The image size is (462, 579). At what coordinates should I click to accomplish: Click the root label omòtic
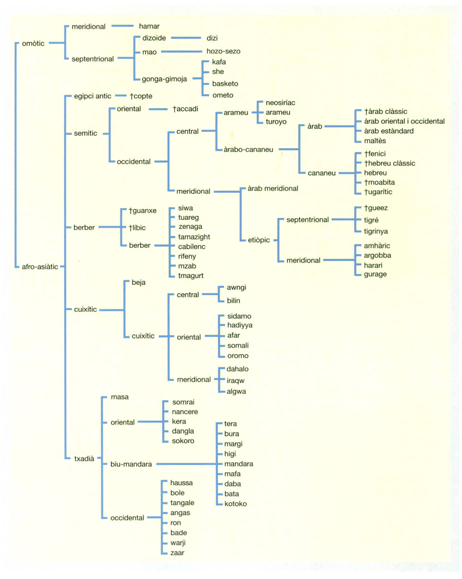pos(33,43)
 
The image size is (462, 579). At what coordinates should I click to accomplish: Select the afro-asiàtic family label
pos(40,267)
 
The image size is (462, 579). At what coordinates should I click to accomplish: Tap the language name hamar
pos(149,26)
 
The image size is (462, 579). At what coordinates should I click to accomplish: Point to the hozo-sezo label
pos(223,51)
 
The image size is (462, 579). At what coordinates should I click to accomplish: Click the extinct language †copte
pos(141,96)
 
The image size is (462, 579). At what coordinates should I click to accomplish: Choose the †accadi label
pos(185,109)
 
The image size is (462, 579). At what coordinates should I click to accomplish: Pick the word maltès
pos(375,141)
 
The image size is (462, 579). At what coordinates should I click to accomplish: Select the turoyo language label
pos(276,122)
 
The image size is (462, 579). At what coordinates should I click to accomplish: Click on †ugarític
pos(378,192)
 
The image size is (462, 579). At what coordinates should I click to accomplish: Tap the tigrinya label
pos(376,231)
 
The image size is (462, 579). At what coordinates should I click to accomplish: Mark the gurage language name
pos(375,274)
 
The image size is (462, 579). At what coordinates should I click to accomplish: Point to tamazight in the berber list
pos(194,237)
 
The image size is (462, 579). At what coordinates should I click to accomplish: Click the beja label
pos(138,282)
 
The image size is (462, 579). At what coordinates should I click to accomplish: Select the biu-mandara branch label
pos(131,464)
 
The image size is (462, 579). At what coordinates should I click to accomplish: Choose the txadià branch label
pos(84,459)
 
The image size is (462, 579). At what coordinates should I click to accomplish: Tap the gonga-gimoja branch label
pos(164,79)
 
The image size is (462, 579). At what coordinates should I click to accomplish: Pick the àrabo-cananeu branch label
pos(248,149)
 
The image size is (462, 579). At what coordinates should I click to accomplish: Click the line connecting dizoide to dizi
pos(186,38)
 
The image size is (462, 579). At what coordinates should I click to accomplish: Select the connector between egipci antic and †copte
pos(121,96)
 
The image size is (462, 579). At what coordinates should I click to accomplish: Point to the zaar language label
pos(177,553)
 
